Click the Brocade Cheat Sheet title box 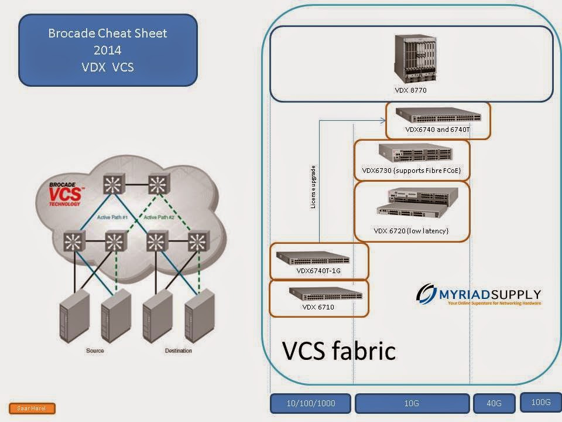point(108,50)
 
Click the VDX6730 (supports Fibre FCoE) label point(412,171)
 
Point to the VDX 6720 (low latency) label point(411,231)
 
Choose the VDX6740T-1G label point(318,271)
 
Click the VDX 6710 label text point(318,307)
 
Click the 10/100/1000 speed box point(310,403)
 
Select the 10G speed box point(412,403)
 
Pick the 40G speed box point(495,403)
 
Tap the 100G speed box point(540,401)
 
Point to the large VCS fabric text point(339,350)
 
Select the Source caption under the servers point(95,350)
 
